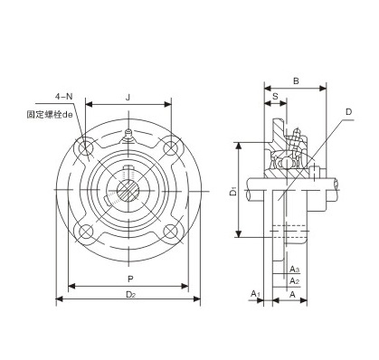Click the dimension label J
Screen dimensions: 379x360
(x=128, y=98)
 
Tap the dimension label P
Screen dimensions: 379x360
(x=130, y=279)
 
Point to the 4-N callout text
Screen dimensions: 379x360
(x=64, y=97)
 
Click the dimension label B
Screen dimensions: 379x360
(x=296, y=81)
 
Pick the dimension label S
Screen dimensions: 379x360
(x=275, y=96)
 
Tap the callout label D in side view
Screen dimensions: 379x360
(x=348, y=112)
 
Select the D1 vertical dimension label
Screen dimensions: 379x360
(x=233, y=192)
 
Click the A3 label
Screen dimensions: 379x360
(x=294, y=269)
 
